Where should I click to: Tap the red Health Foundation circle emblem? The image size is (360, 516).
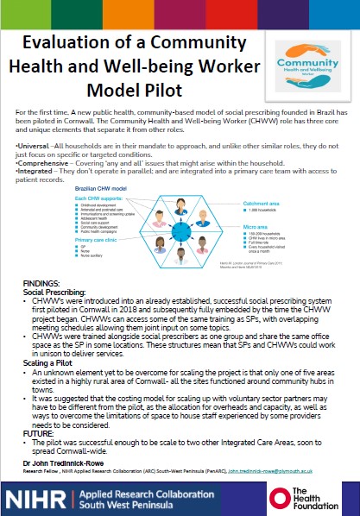(280, 499)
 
